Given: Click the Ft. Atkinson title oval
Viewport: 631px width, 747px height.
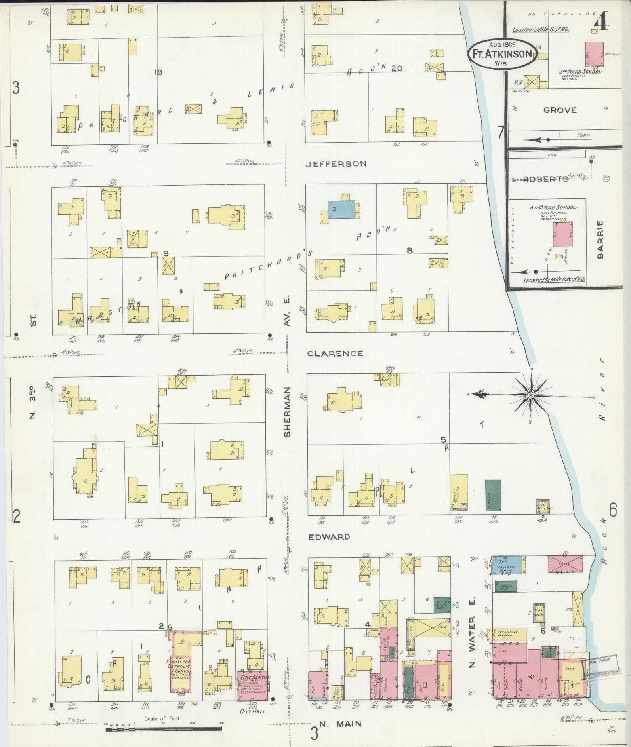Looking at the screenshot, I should pos(502,53).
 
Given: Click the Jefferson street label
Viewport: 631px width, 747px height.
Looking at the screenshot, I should pos(336,163).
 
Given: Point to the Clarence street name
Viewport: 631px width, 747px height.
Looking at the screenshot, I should pos(335,353).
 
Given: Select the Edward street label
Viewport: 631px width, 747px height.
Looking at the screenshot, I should pos(329,537).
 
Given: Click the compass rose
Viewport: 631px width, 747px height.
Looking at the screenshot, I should pos(530,395).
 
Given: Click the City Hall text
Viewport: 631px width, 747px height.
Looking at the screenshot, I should pos(253,711).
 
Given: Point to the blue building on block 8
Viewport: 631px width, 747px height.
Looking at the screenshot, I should pos(341,209).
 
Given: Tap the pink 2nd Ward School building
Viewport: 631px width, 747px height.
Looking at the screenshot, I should pos(594,54).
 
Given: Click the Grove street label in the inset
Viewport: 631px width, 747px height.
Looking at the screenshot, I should pos(560,110).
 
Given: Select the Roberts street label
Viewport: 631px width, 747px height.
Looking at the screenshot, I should pos(545,179).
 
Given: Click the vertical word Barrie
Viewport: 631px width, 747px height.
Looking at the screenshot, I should pos(600,239).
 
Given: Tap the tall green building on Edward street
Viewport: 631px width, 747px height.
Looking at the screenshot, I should pos(493,495).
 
